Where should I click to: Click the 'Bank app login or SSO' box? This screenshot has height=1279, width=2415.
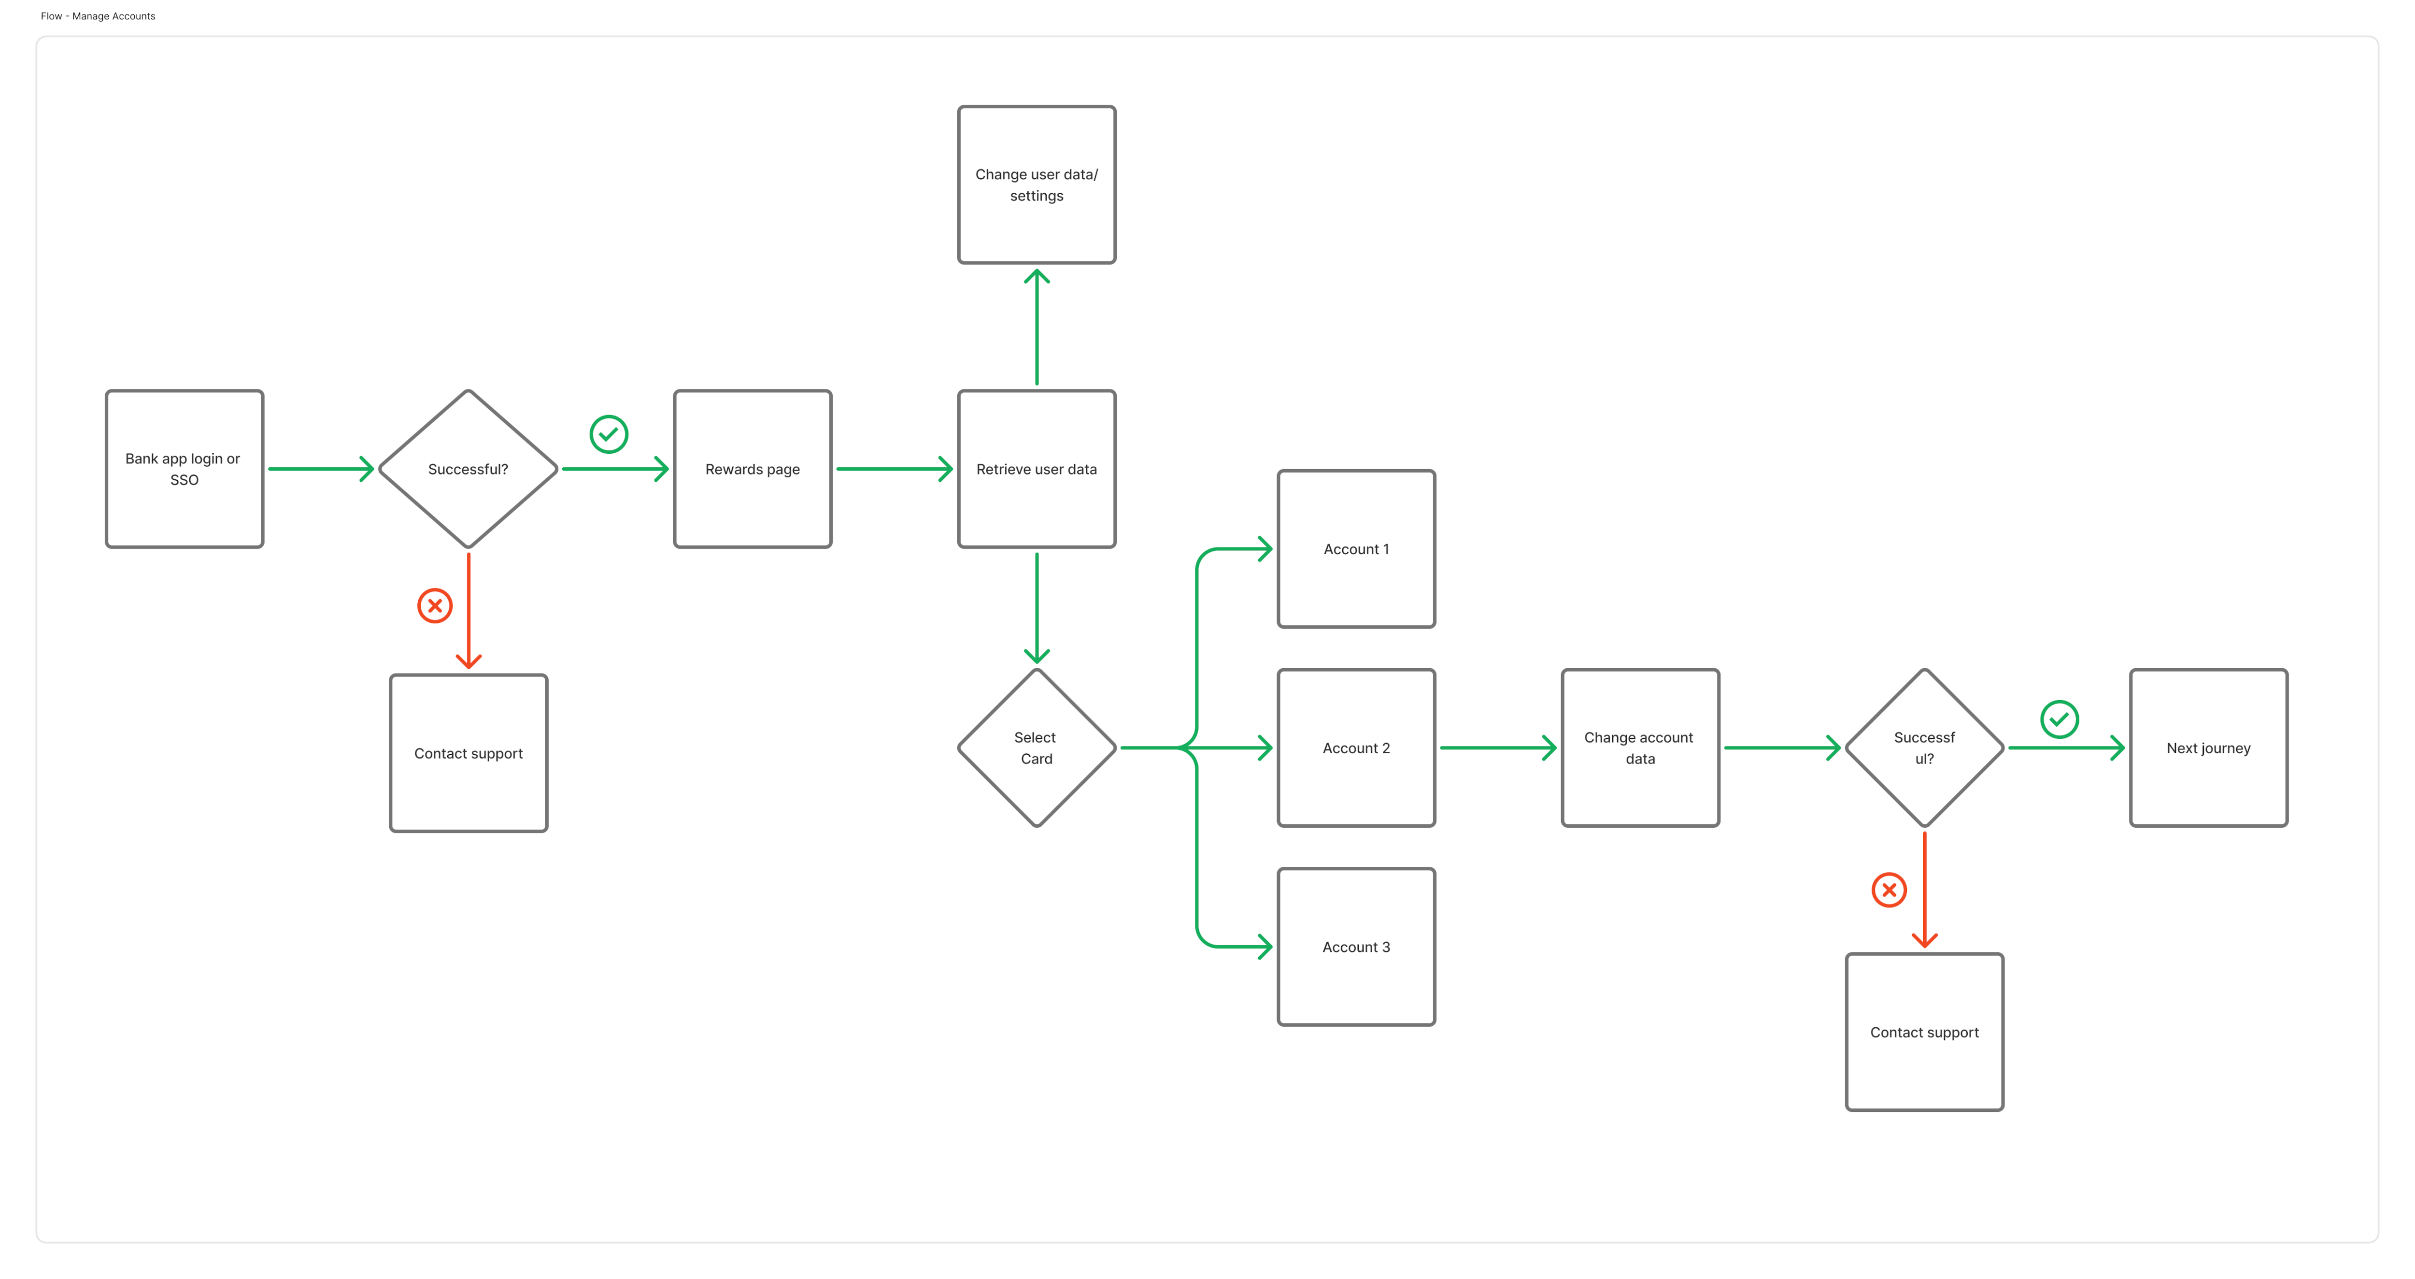click(x=185, y=469)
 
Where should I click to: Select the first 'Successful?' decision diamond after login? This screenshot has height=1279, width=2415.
click(x=468, y=469)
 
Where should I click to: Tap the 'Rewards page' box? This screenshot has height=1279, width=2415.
click(x=753, y=469)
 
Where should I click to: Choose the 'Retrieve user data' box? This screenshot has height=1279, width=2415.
click(x=1037, y=469)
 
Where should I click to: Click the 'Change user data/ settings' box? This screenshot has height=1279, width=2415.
click(x=1037, y=185)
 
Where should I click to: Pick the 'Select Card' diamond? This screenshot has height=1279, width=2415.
click(x=1037, y=747)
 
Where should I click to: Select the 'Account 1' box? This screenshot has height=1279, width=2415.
click(x=1357, y=548)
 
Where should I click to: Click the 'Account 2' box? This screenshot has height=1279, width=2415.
click(x=1357, y=747)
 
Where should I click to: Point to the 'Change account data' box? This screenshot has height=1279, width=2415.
click(x=1641, y=747)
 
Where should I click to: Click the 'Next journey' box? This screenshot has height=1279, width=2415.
click(x=2209, y=747)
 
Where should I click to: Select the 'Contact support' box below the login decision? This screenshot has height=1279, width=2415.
click(x=469, y=753)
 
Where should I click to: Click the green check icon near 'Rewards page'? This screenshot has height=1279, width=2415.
click(x=609, y=434)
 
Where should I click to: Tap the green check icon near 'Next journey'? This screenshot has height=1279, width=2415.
click(x=2060, y=719)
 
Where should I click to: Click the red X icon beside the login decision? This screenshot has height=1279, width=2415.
click(x=435, y=606)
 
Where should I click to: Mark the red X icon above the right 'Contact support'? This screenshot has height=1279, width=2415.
click(x=1889, y=890)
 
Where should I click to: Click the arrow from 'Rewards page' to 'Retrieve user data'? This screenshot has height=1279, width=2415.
click(x=895, y=469)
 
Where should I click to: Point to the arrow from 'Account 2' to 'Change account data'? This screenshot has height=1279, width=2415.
click(x=1498, y=747)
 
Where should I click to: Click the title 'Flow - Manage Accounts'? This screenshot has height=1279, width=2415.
click(x=99, y=16)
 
